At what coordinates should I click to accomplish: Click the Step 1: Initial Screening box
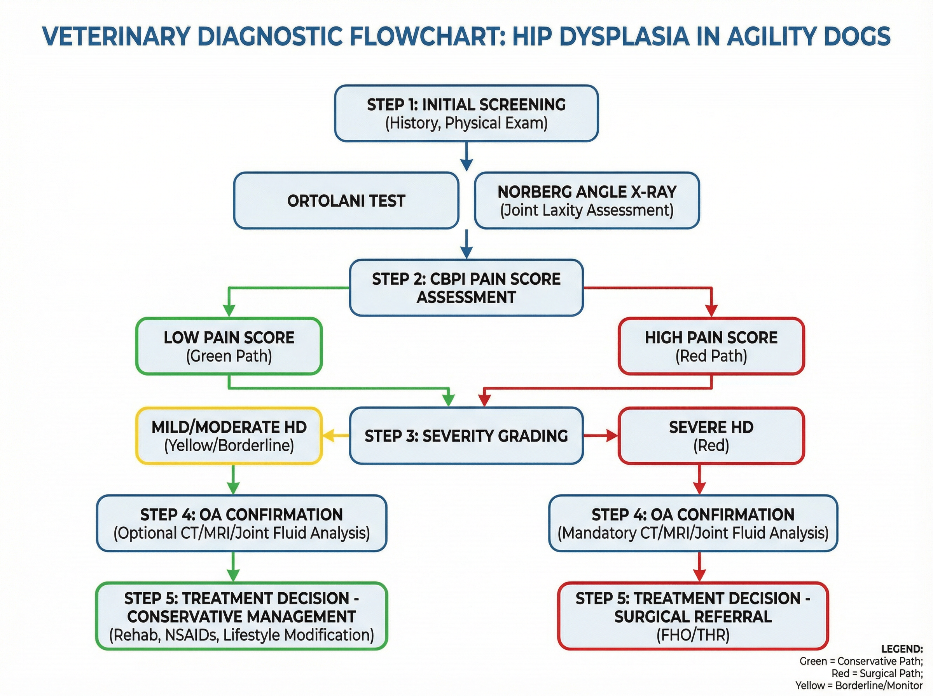click(466, 113)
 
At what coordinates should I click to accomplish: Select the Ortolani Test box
click(346, 200)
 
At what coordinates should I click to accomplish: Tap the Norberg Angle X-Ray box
click(587, 200)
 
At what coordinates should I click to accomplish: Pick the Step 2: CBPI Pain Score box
click(466, 288)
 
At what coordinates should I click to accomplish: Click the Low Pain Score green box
click(229, 346)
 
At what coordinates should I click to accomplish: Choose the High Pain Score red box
click(711, 346)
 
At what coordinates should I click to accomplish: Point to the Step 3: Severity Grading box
click(466, 436)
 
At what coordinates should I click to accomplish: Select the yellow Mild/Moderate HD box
click(229, 436)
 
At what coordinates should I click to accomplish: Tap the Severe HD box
click(711, 436)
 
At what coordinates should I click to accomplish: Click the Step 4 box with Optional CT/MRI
click(241, 523)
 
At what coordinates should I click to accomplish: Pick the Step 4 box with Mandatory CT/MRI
click(693, 523)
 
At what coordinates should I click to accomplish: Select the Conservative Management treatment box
click(241, 616)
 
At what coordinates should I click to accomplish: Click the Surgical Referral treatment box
click(693, 616)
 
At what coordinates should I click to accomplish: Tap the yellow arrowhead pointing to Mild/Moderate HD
click(329, 436)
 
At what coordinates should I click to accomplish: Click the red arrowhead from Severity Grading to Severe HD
click(612, 436)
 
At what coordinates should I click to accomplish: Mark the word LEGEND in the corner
click(902, 649)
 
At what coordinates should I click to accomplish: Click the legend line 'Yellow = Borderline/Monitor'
click(859, 686)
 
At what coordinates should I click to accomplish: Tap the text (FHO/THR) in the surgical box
click(693, 635)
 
